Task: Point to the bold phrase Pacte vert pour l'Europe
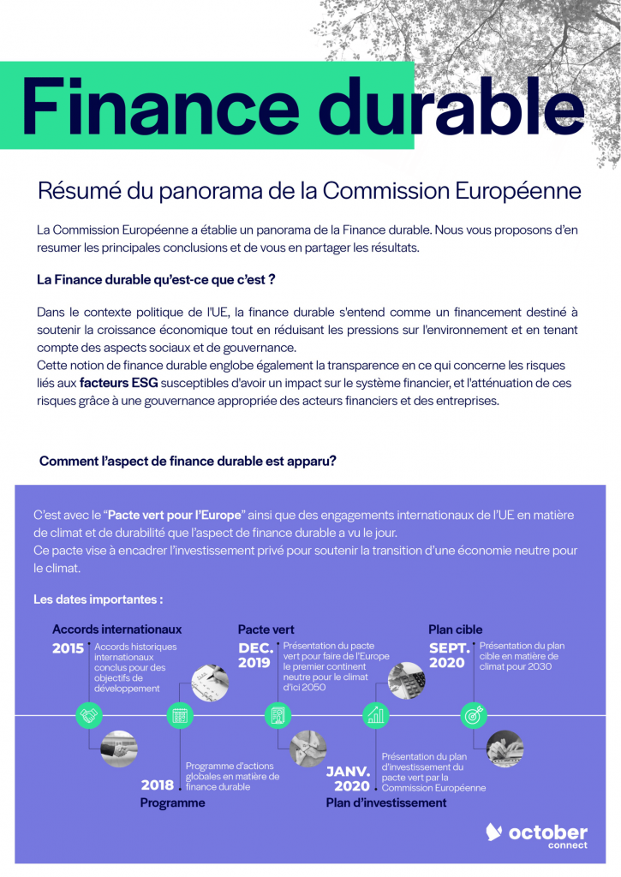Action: tap(176, 515)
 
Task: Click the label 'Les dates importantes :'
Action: tap(98, 599)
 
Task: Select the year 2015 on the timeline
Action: tap(69, 648)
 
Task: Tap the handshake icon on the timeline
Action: tap(89, 714)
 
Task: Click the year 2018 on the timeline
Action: tap(158, 785)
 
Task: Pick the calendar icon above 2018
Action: tap(180, 714)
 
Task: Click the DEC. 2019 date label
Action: tap(256, 655)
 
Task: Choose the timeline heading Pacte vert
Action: tap(266, 629)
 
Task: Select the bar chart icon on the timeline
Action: tap(375, 714)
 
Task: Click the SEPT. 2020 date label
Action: tap(449, 655)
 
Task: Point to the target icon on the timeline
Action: tap(474, 714)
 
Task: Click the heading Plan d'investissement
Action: tap(386, 802)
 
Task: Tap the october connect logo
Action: tap(537, 835)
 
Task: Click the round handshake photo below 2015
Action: tap(119, 748)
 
